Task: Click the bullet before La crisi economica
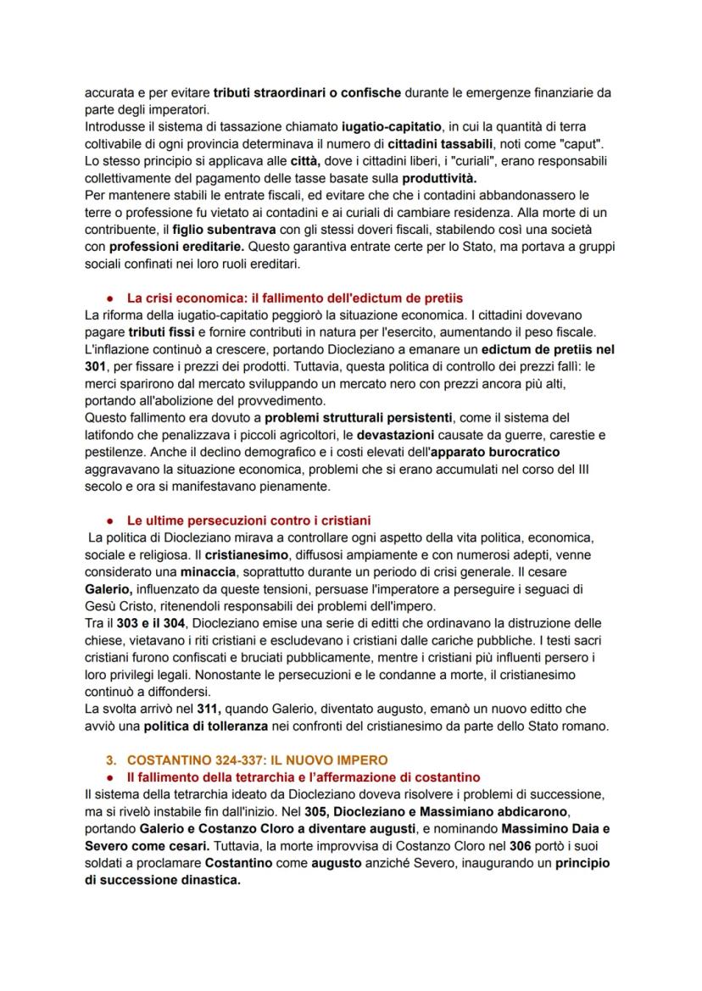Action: (111, 298)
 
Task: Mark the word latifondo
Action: (114, 434)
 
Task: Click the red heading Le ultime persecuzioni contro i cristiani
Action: (248, 521)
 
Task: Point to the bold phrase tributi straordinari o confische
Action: (312, 92)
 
